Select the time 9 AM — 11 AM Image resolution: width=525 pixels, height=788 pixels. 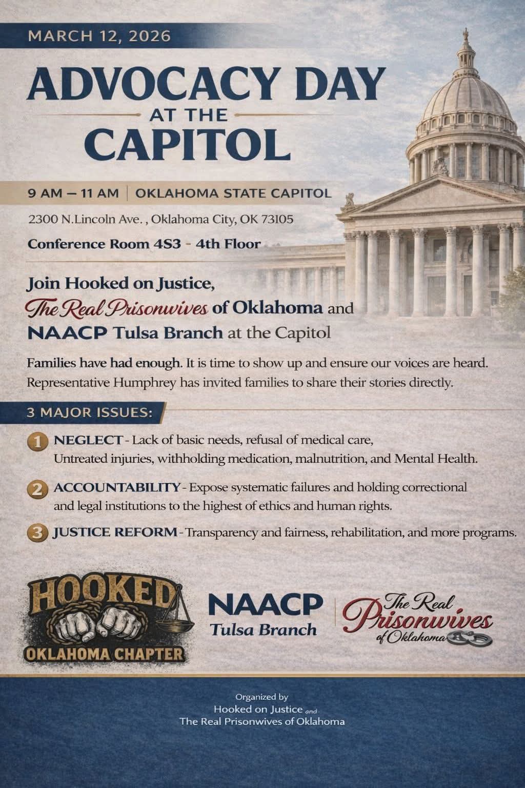[73, 194]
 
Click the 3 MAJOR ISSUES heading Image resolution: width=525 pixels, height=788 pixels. [89, 412]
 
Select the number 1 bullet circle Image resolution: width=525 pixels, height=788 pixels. [36, 441]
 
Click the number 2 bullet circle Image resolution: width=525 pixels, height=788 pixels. [36, 488]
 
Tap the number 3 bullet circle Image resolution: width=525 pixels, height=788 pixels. [36, 533]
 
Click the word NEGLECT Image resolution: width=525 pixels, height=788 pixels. [88, 440]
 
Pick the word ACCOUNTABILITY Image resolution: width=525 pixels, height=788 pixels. [117, 487]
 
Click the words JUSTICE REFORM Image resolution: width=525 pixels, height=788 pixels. [115, 531]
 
